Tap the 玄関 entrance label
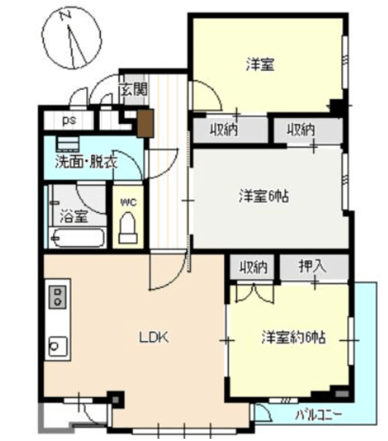134,90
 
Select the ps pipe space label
69,121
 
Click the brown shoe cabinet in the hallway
145,123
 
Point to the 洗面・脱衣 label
86,162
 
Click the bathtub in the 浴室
76,238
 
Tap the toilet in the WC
128,228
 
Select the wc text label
128,202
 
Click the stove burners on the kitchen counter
58,297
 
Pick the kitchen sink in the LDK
58,346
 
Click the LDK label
154,337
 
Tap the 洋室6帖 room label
264,196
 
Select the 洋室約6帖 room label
294,337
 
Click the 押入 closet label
312,266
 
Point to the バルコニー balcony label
318,415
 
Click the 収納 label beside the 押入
253,267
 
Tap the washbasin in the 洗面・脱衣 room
68,144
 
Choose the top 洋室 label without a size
261,64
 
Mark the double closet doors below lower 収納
254,293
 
